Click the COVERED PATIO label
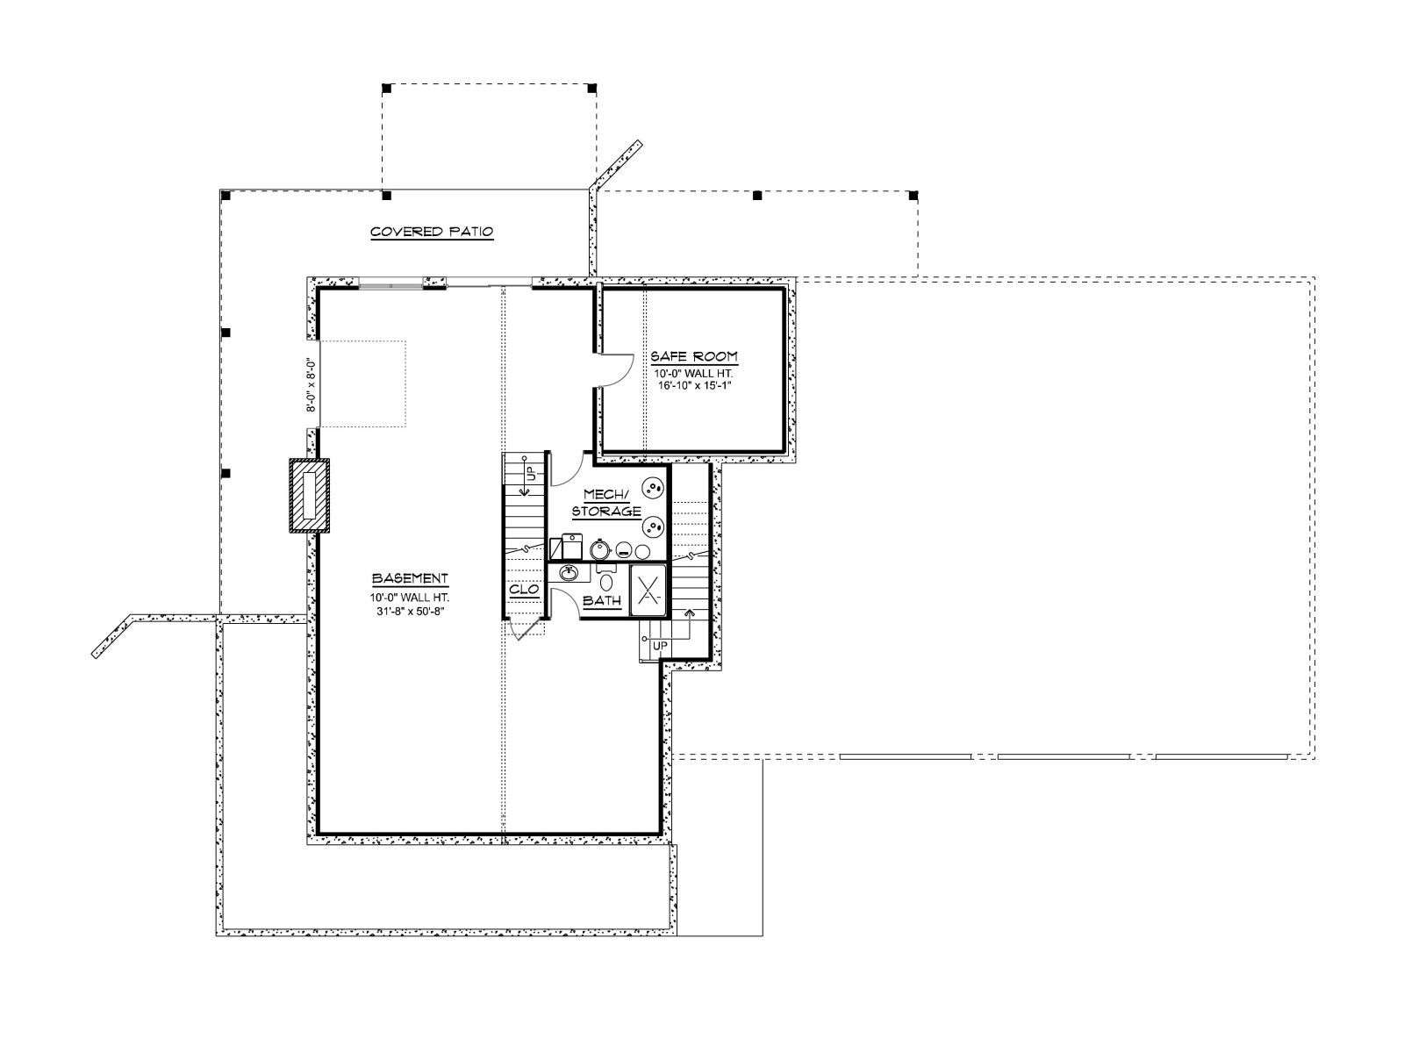(432, 232)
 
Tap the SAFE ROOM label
(694, 356)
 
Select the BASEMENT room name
(410, 578)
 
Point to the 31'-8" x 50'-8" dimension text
(410, 611)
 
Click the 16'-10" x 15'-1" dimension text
(694, 385)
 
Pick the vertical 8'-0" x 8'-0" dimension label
(312, 383)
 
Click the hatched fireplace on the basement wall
(310, 495)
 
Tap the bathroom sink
(568, 573)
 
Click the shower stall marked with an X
(648, 590)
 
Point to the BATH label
(602, 601)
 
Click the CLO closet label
(524, 590)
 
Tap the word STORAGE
(606, 511)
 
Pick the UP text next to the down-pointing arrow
(532, 474)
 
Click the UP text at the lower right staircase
(660, 646)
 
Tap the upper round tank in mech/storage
(653, 491)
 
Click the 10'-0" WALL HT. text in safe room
(694, 374)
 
